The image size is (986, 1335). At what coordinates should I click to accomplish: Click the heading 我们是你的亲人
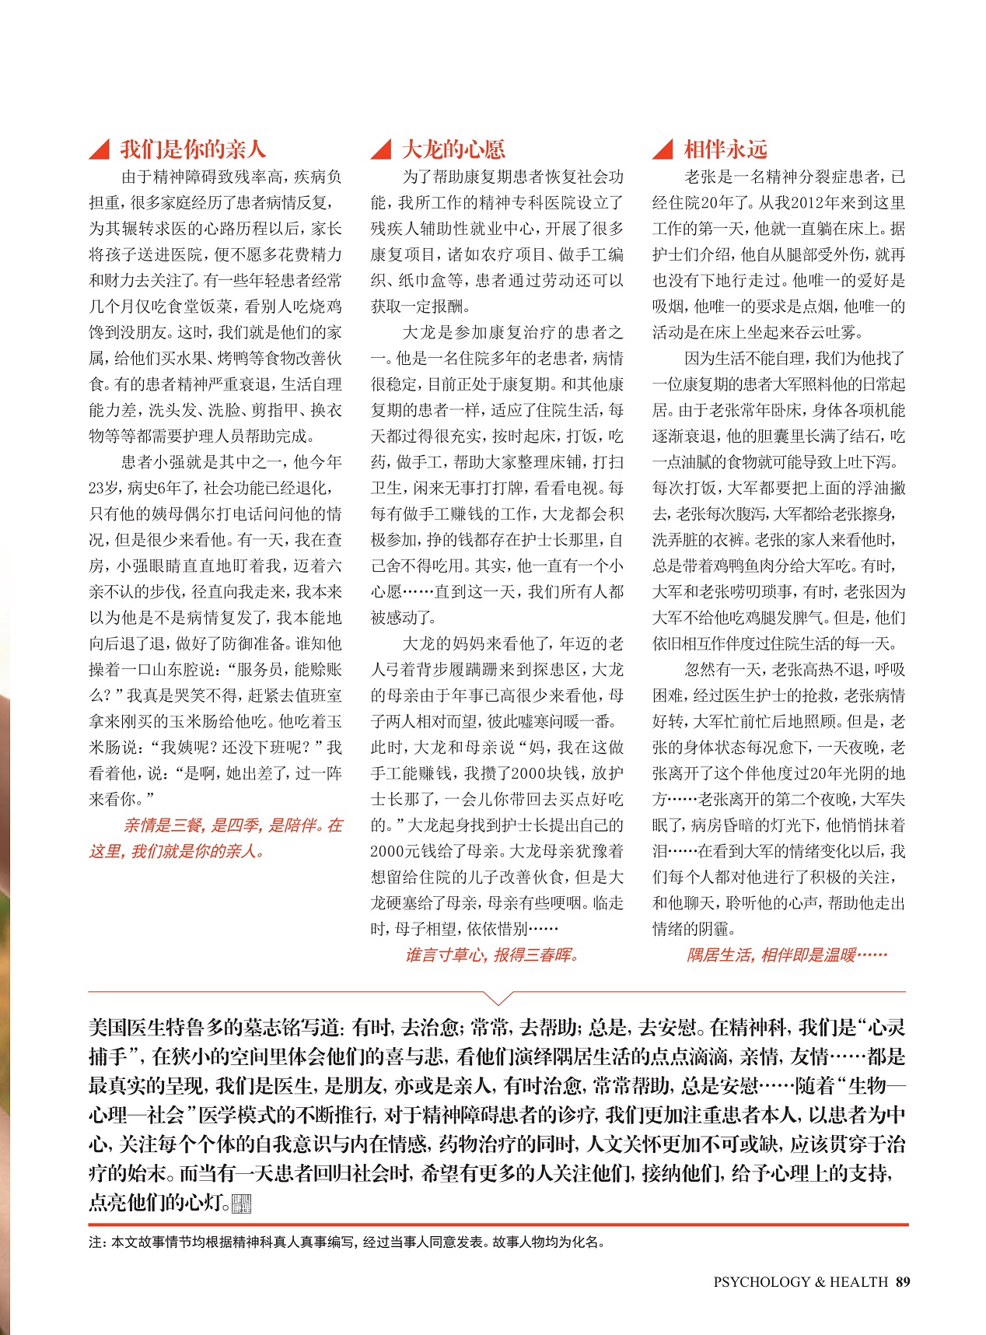[x=192, y=149]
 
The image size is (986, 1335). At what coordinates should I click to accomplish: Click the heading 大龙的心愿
[x=453, y=149]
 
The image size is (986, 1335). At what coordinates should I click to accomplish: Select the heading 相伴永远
[x=725, y=149]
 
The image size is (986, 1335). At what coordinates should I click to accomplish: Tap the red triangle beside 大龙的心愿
[x=383, y=149]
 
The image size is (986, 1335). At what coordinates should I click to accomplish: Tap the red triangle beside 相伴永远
[x=663, y=149]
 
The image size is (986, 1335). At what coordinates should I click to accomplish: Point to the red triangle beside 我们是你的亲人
[x=100, y=149]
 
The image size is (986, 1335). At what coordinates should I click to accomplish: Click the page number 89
[x=902, y=1281]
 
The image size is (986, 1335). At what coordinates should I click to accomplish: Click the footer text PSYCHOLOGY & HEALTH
[x=800, y=1281]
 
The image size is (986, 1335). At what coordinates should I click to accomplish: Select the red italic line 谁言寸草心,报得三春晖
[x=491, y=955]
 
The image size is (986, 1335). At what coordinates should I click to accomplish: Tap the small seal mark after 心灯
[x=243, y=1204]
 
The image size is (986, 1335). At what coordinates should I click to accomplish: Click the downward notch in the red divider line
[x=498, y=997]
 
